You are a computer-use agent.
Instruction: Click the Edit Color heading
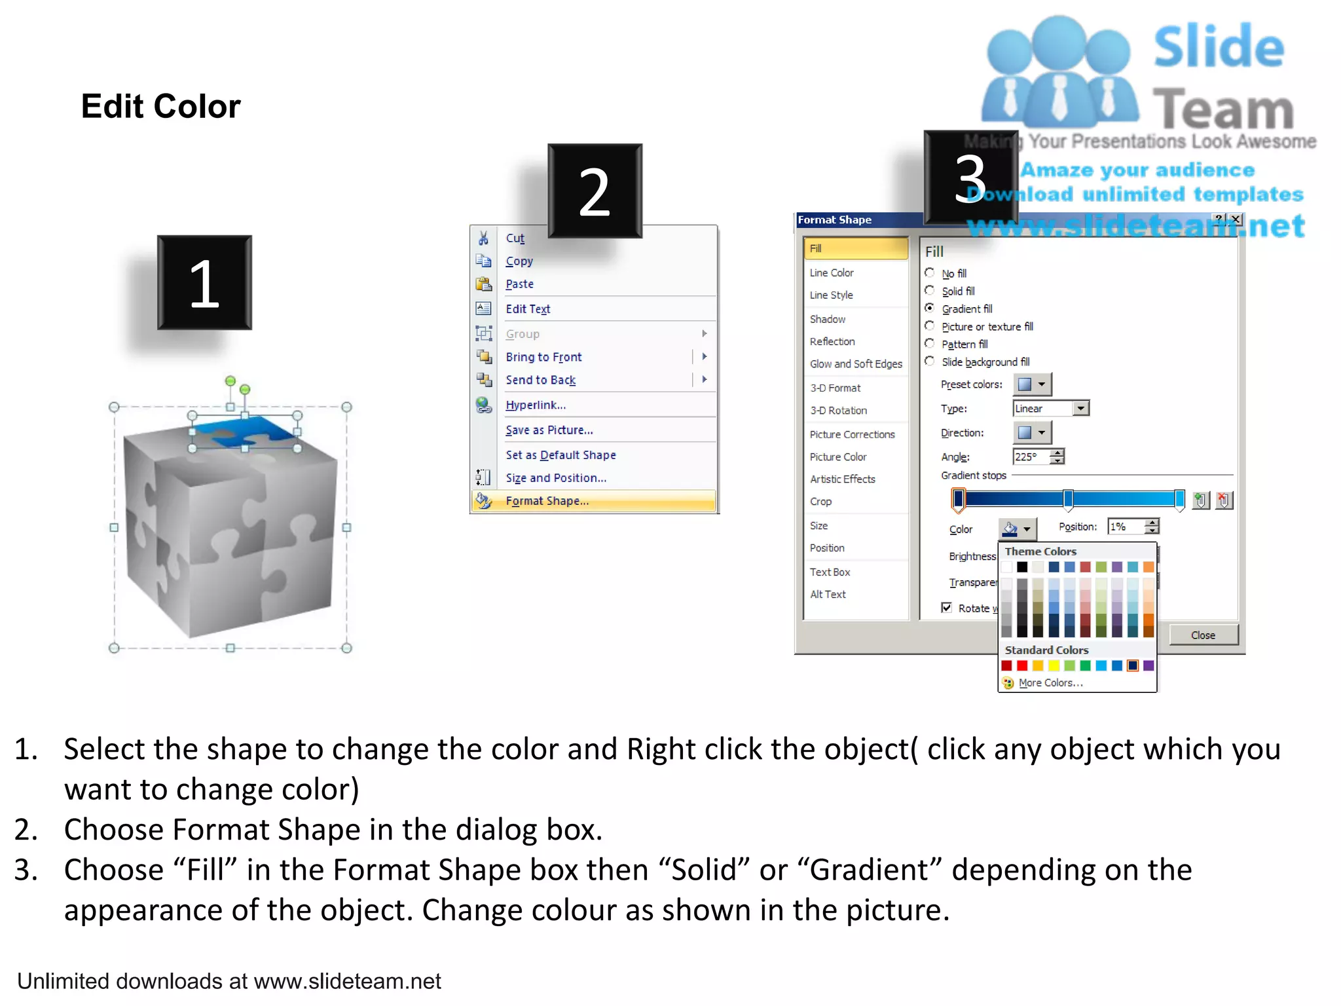pyautogui.click(x=160, y=106)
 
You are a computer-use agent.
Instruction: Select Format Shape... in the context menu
pyautogui.click(x=547, y=501)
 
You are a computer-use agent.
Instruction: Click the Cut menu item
pyautogui.click(x=515, y=238)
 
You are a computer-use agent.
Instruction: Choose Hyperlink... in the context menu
pyautogui.click(x=535, y=405)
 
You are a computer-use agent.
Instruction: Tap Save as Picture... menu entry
pyautogui.click(x=549, y=430)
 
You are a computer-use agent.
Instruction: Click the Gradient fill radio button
pyautogui.click(x=929, y=308)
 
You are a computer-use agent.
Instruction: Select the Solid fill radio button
pyautogui.click(x=929, y=290)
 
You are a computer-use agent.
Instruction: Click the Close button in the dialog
pyautogui.click(x=1203, y=635)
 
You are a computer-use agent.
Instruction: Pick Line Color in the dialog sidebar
pyautogui.click(x=832, y=272)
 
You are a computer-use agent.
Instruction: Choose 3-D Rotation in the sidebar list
pyautogui.click(x=838, y=410)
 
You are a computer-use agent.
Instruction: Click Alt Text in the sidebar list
pyautogui.click(x=828, y=594)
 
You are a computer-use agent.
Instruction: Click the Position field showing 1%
pyautogui.click(x=1125, y=527)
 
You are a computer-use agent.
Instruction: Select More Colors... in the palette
pyautogui.click(x=1050, y=682)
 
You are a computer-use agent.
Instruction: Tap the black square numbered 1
pyautogui.click(x=204, y=282)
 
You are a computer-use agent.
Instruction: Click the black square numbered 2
pyautogui.click(x=595, y=191)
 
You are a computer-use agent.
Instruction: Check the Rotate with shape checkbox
pyautogui.click(x=946, y=608)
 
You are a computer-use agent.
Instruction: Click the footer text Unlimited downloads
pyautogui.click(x=229, y=981)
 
